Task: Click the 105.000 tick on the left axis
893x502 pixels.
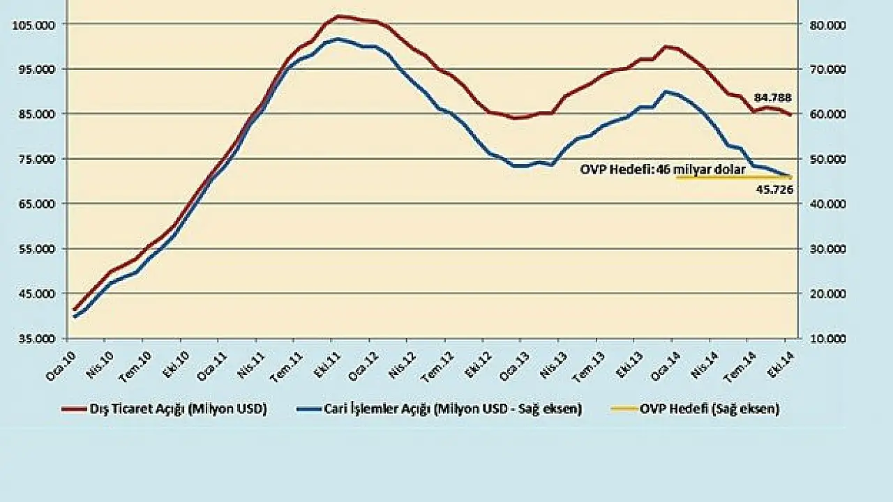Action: tap(33, 24)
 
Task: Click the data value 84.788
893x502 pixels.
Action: tap(772, 98)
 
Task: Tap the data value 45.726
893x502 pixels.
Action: tap(774, 189)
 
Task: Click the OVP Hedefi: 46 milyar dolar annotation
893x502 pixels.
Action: tap(663, 169)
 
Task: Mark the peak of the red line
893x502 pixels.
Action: tap(338, 15)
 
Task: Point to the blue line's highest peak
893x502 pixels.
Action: tap(337, 39)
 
